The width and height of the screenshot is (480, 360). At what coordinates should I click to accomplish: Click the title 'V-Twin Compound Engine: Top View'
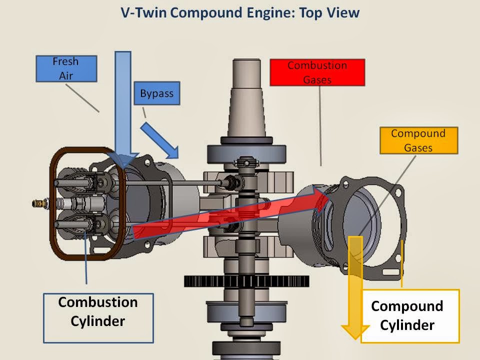tap(240, 12)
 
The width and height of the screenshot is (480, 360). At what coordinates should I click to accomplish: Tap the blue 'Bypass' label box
tap(156, 93)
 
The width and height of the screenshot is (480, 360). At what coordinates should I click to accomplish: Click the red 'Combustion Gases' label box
tap(317, 72)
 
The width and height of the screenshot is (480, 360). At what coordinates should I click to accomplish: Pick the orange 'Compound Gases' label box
tap(418, 140)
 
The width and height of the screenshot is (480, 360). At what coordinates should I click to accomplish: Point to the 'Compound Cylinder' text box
tap(409, 316)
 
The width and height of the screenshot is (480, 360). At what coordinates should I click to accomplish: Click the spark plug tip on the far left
tap(36, 203)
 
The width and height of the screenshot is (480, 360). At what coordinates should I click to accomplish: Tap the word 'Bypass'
tap(156, 93)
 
